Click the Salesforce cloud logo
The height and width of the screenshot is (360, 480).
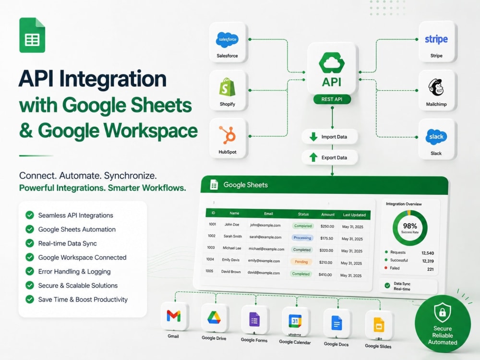227,39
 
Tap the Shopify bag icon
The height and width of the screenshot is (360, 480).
227,87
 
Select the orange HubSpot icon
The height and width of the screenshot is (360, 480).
228,135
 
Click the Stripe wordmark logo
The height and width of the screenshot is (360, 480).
436,39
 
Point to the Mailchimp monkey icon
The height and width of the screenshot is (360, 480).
436,87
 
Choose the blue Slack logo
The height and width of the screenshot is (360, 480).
436,136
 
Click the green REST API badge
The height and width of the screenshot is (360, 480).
332,99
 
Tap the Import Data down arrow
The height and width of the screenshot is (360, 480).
313,136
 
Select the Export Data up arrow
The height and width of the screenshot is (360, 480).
313,157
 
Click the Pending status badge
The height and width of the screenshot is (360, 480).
301,262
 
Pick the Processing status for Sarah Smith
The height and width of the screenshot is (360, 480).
302,238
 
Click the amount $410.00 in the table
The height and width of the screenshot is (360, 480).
325,275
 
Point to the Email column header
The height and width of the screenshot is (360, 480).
268,214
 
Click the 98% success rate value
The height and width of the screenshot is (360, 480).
410,226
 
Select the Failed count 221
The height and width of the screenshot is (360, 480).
431,269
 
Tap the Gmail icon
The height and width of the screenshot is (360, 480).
174,316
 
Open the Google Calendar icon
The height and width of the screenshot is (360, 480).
295,321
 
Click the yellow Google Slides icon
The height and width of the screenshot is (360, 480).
379,325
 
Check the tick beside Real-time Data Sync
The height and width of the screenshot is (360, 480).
30,243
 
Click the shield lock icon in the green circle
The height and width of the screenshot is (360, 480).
443,312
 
